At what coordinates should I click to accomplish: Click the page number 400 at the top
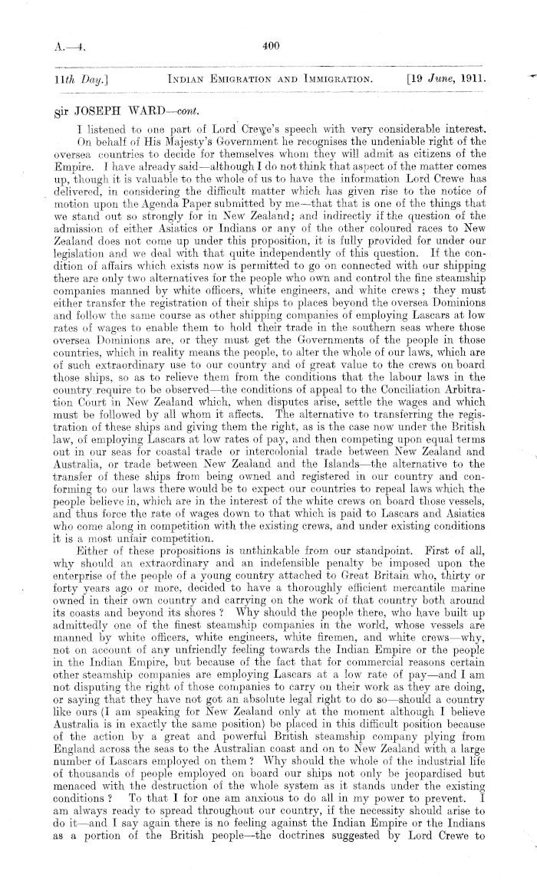point(268,46)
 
